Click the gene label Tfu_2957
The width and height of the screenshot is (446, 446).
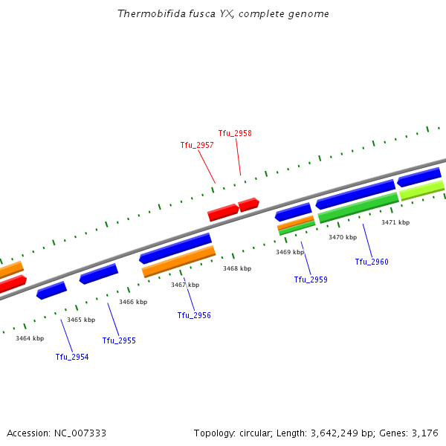coord(197,145)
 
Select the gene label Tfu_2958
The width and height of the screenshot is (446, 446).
coord(235,133)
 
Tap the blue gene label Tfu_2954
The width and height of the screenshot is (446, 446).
coord(72,357)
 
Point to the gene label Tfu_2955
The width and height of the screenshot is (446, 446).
coord(119,340)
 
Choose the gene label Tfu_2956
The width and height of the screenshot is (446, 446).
coord(194,315)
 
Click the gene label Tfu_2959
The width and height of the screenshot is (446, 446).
coord(311,279)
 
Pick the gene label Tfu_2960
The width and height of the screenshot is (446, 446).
coord(372,262)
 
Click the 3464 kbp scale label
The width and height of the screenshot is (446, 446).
coord(30,338)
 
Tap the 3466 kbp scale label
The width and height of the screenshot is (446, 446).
coord(133,302)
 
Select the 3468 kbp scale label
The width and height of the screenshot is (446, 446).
coord(237,268)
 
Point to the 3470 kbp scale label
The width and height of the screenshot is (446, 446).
coord(343,237)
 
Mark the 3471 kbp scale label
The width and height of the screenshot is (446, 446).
coord(395,222)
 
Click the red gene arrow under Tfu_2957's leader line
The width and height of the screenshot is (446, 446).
coord(222,213)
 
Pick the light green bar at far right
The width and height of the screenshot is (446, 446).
coord(421,190)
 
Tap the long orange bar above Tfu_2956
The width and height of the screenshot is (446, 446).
coord(178,261)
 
